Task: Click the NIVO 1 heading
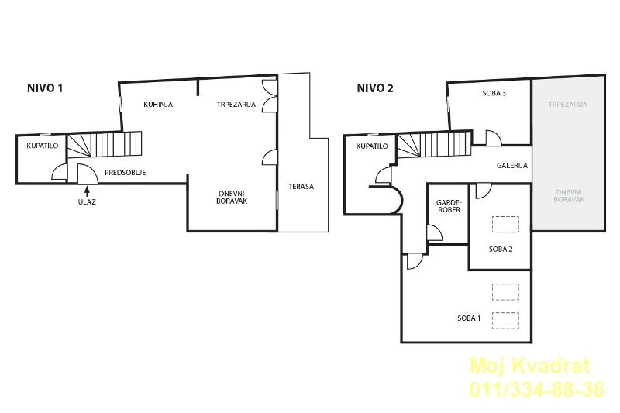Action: (45, 88)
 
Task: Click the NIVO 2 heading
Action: (375, 88)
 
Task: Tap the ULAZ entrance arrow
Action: (87, 191)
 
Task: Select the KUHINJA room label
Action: (158, 105)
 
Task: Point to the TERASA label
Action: (301, 187)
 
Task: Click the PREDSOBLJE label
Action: (126, 172)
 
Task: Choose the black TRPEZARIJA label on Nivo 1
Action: (236, 105)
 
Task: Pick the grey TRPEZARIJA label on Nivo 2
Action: (568, 105)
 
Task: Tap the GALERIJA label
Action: (512, 166)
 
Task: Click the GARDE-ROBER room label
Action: (449, 206)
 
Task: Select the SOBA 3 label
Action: (494, 93)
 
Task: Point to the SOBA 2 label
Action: (501, 249)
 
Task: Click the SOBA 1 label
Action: (469, 318)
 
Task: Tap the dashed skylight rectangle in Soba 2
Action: (505, 225)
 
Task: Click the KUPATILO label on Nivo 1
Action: (43, 146)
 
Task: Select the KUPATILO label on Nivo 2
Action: (372, 146)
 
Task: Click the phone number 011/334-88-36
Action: (537, 389)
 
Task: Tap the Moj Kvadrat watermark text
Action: (529, 366)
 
